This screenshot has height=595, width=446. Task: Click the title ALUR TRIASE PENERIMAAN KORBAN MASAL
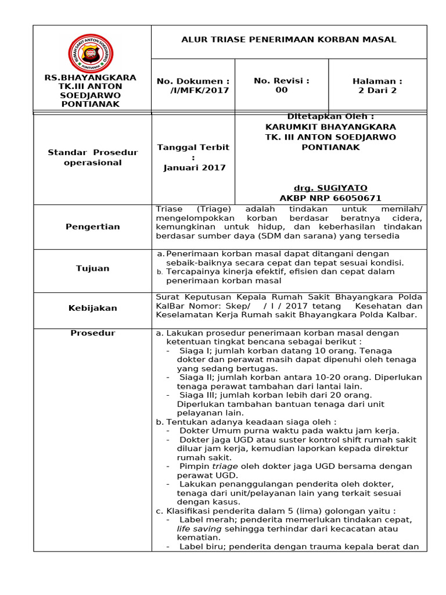pyautogui.click(x=289, y=40)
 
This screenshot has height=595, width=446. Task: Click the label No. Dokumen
pyautogui.click(x=192, y=81)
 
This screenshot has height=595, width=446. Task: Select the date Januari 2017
pyautogui.click(x=193, y=168)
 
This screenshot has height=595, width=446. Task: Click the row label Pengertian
pyautogui.click(x=92, y=227)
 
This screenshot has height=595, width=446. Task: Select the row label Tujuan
pyautogui.click(x=92, y=268)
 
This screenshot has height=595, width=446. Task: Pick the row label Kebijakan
pyautogui.click(x=92, y=309)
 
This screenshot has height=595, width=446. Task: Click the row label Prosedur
pyautogui.click(x=92, y=333)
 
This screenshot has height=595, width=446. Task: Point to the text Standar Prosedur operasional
pyautogui.click(x=92, y=157)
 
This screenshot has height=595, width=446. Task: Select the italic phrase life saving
pyautogui.click(x=199, y=529)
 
